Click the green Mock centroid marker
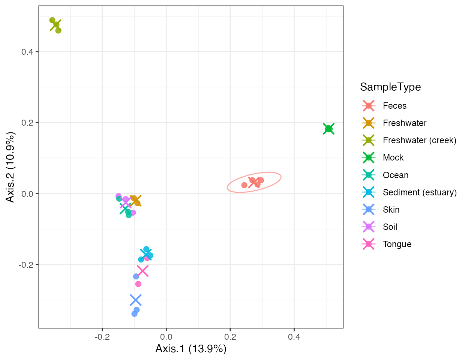click(329, 129)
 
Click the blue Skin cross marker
click(136, 300)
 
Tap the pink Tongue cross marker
click(143, 271)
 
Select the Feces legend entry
click(394, 106)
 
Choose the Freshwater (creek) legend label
click(419, 140)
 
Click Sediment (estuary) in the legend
click(419, 192)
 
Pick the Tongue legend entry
click(397, 244)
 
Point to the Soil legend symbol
click(369, 227)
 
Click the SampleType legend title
click(390, 87)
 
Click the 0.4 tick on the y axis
click(27, 52)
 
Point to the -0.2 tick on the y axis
click(26, 265)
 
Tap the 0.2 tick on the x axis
click(230, 337)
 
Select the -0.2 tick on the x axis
click(102, 337)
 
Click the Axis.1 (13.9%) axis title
click(191, 349)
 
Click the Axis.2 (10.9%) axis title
click(10, 167)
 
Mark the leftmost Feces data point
click(244, 185)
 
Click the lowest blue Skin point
click(134, 313)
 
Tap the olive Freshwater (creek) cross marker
click(56, 25)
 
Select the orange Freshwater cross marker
click(135, 201)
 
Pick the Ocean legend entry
click(395, 175)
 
